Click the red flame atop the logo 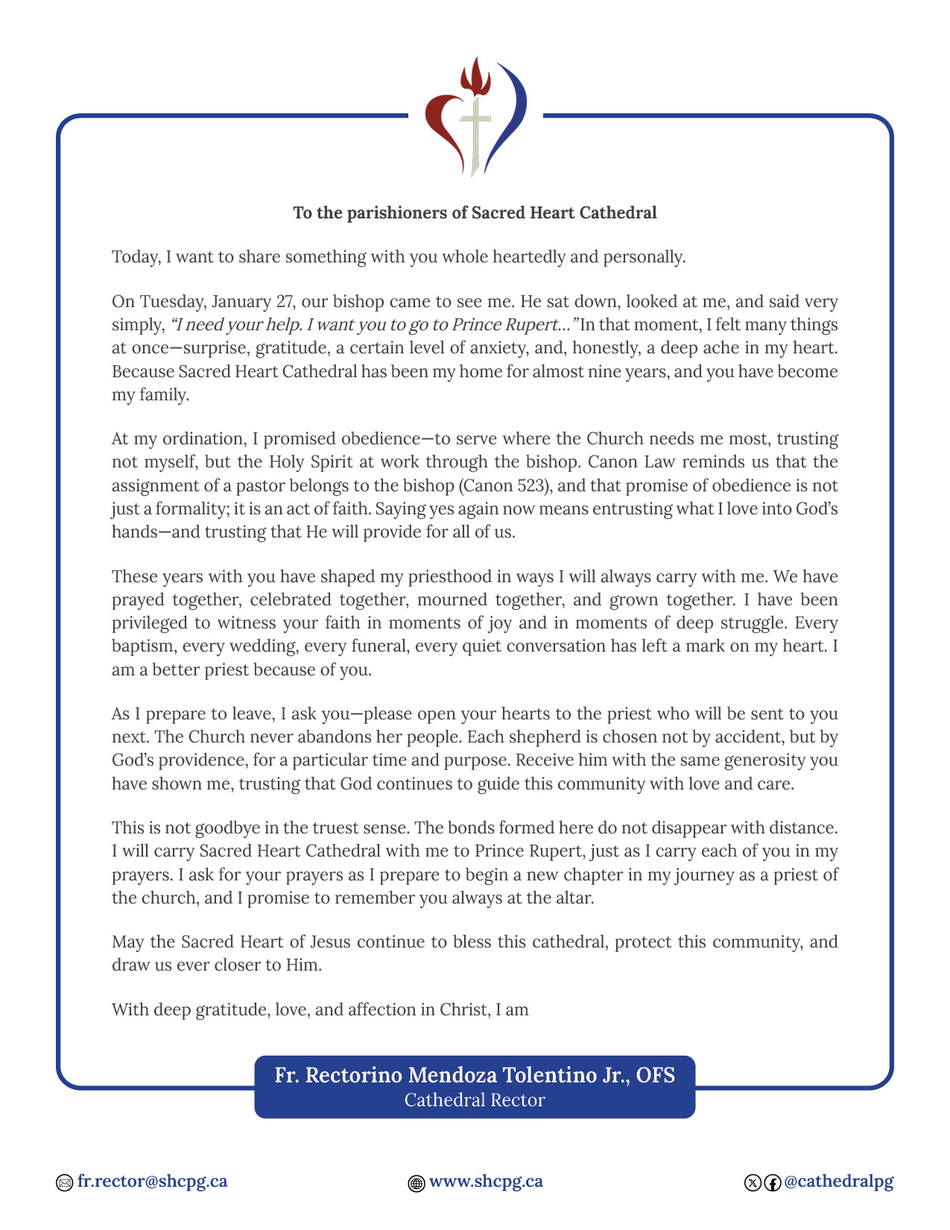pyautogui.click(x=475, y=78)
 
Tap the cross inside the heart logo pyautogui.click(x=475, y=130)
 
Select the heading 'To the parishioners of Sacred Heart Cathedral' pyautogui.click(x=475, y=213)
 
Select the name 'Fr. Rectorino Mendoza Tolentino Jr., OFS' pyautogui.click(x=475, y=1075)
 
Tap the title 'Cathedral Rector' pyautogui.click(x=475, y=1100)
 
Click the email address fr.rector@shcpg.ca pyautogui.click(x=152, y=1182)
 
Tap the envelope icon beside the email pyautogui.click(x=65, y=1183)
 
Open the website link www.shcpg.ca pyautogui.click(x=486, y=1182)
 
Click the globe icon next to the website pyautogui.click(x=417, y=1183)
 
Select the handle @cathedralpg pyautogui.click(x=838, y=1182)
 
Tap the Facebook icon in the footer pyautogui.click(x=773, y=1183)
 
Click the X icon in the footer pyautogui.click(x=753, y=1183)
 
